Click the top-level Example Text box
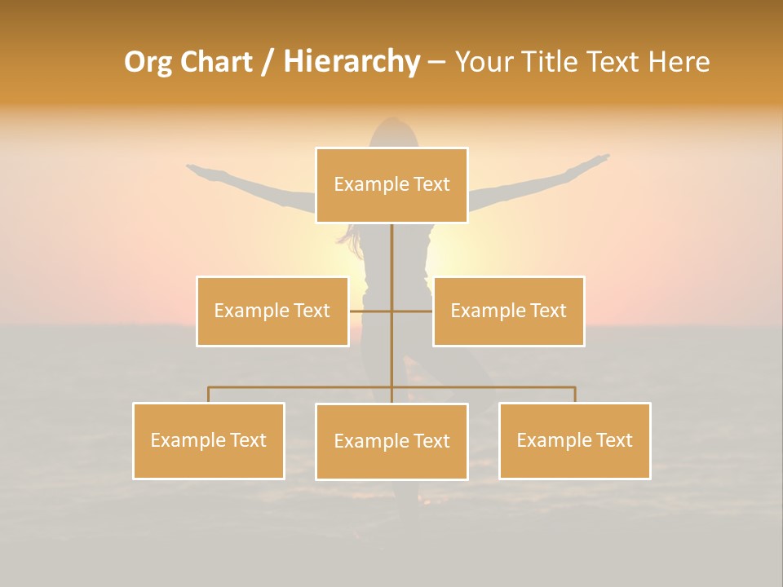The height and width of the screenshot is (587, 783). click(391, 185)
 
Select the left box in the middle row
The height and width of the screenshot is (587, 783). click(272, 311)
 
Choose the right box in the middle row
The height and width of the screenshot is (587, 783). click(508, 311)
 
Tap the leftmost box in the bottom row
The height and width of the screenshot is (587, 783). click(208, 440)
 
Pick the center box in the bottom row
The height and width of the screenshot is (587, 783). click(391, 441)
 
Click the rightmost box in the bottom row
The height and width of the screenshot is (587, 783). click(574, 440)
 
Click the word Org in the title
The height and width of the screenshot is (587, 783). click(148, 62)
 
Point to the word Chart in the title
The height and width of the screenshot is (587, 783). click(215, 62)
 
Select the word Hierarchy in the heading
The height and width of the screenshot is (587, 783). click(352, 62)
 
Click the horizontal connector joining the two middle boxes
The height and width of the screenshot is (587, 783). click(371, 311)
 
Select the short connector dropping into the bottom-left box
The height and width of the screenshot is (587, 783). click(208, 395)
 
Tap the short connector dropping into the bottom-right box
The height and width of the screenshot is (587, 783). click(575, 395)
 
